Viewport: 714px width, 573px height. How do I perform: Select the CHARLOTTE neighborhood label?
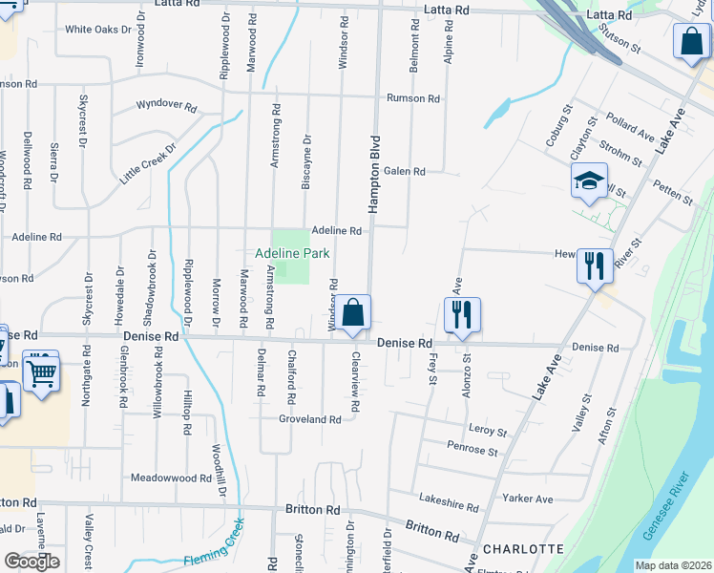tap(523, 549)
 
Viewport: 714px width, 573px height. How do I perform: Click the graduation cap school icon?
tap(590, 180)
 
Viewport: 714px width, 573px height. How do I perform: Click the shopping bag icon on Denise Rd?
tap(352, 311)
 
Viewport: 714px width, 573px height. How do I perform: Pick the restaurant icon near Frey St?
tap(462, 314)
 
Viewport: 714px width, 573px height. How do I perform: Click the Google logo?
tap(31, 562)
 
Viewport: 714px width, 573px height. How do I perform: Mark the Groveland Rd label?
tap(309, 419)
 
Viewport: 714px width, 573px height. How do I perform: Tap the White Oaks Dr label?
tap(97, 30)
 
